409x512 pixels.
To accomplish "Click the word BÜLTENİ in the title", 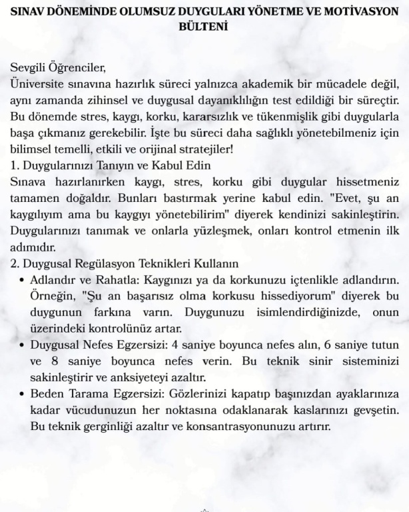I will tap(204, 27).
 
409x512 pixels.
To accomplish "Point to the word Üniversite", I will tap(39, 83).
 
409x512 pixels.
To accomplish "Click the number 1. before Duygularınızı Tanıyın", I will tap(15, 164).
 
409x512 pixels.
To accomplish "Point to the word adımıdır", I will tap(34, 244).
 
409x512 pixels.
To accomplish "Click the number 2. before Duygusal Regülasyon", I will tap(15, 261).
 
